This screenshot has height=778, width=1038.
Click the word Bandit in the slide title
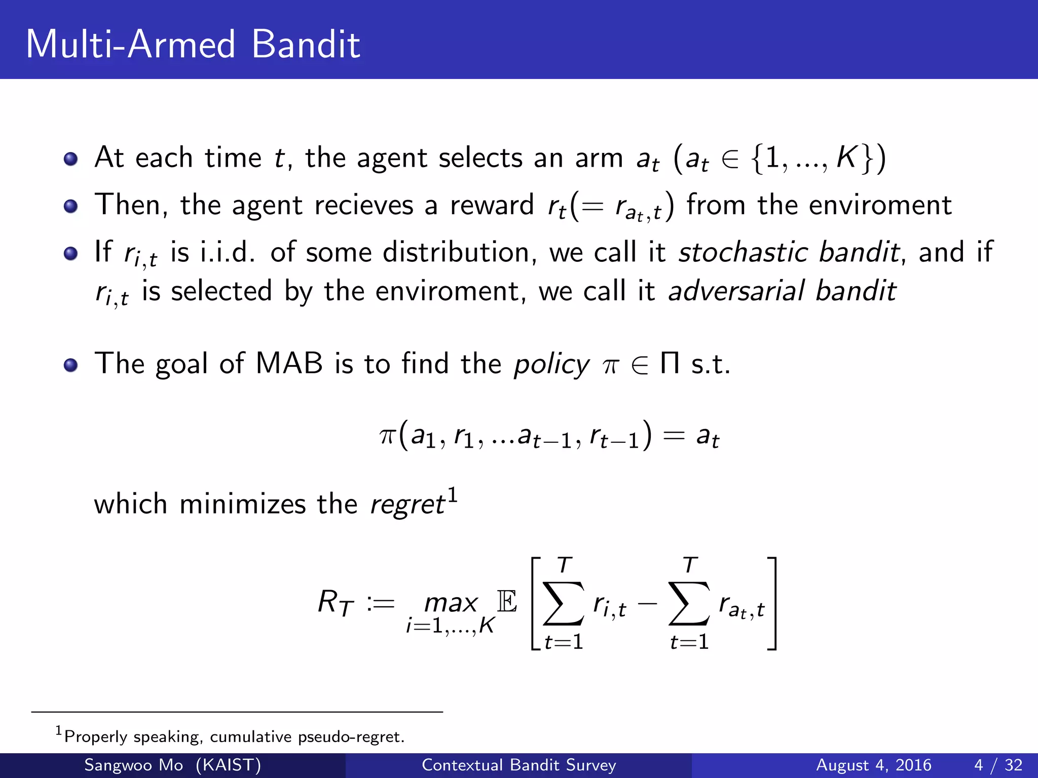tap(305, 45)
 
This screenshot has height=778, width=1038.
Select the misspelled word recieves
tap(364, 206)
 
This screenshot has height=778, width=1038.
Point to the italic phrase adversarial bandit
tap(782, 291)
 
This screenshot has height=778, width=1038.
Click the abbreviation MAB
tap(289, 364)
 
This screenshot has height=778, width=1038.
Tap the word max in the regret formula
tap(451, 603)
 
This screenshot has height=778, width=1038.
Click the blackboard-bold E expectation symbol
tap(507, 602)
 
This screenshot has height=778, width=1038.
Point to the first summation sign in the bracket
tap(563, 604)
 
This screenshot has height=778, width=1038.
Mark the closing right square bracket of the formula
tap(772, 603)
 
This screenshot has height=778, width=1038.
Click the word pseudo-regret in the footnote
tap(351, 736)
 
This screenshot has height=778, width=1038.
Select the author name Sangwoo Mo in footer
tap(133, 765)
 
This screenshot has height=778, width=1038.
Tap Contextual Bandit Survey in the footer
tap(518, 765)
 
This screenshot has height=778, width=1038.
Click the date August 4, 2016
tap(873, 765)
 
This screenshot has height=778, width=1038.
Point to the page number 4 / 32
tap(998, 765)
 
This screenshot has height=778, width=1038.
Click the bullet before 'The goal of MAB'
tap(70, 365)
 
